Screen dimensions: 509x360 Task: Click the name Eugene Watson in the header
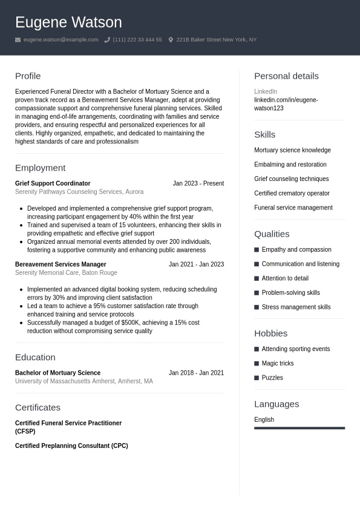point(68,22)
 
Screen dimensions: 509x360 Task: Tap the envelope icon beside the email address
point(18,40)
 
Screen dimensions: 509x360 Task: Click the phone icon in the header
point(107,40)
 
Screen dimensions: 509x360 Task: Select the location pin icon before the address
point(171,40)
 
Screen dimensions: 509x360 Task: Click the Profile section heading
point(28,76)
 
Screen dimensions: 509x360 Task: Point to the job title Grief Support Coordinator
point(53,183)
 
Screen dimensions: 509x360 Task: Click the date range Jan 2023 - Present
point(198,183)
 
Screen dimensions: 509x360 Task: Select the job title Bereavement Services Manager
point(61,264)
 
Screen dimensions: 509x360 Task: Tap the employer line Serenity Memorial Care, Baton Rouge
point(66,273)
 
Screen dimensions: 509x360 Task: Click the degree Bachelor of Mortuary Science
point(57,373)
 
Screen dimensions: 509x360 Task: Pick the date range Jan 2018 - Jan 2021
point(196,373)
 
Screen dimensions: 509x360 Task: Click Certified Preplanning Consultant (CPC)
point(71,446)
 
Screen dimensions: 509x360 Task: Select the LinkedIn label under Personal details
point(266,91)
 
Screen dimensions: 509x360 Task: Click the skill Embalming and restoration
point(290,165)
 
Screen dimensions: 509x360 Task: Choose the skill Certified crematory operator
point(292,194)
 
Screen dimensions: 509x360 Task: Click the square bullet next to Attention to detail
point(257,278)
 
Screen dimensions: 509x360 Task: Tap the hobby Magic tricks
point(277,364)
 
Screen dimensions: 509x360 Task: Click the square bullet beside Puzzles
point(257,378)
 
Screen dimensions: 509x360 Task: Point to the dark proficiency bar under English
point(299,428)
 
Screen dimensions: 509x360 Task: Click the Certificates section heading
point(38,407)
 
